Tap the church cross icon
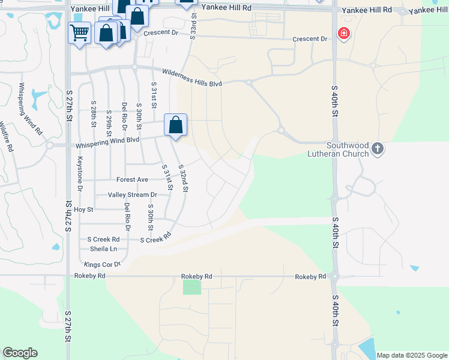coord(377,148)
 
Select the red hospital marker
coord(343,34)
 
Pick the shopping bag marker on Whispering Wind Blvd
coord(176,125)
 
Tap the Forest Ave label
coord(132,179)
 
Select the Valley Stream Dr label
coord(132,195)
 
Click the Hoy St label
coord(84,210)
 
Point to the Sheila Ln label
coord(103,248)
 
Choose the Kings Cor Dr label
coord(102,264)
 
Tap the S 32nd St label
coord(184,178)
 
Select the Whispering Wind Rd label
coord(30,109)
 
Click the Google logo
coord(20,353)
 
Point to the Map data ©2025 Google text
coord(412,355)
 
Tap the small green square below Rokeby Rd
coord(192,287)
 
